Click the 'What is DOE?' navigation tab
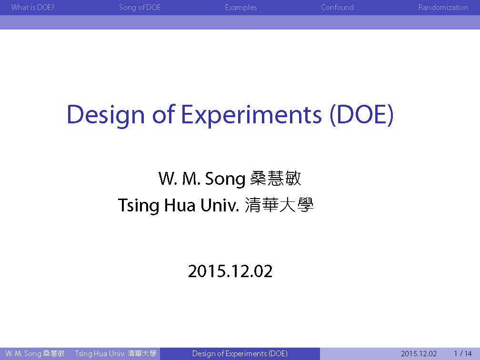tap(33, 7)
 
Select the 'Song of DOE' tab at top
tap(140, 7)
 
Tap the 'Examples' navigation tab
tap(241, 8)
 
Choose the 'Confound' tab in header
tap(337, 7)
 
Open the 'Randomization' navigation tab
tap(443, 7)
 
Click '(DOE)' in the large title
tap(361, 115)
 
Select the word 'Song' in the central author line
tap(225, 179)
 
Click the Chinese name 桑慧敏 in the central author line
tap(276, 178)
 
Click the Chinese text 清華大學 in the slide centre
tap(279, 205)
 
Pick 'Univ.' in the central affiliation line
tap(220, 205)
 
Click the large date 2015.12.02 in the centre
tap(230, 271)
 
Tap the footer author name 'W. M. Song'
tap(23, 354)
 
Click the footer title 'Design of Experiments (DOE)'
tap(240, 354)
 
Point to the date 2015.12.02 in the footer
tap(419, 354)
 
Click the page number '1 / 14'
tap(463, 354)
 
